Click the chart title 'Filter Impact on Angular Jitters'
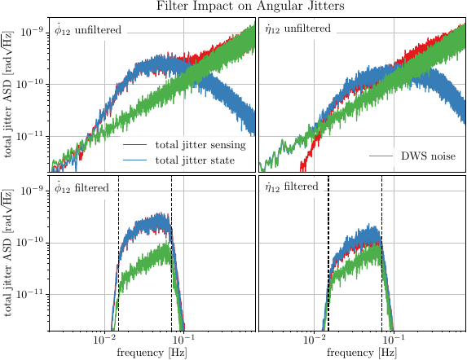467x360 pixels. (233, 7)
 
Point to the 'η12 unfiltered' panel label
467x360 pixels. (297, 30)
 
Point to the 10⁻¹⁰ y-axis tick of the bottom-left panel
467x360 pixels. (32, 243)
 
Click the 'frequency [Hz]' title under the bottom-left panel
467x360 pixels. (152, 353)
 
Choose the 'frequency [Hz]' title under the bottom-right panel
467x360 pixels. (362, 353)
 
